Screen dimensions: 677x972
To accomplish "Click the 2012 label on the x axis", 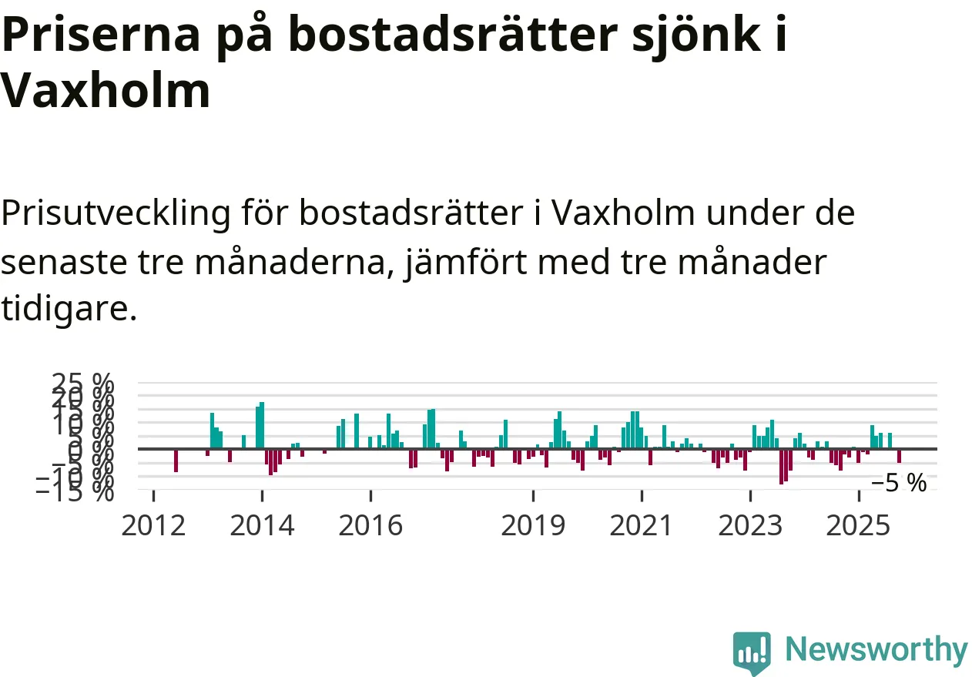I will [x=153, y=526].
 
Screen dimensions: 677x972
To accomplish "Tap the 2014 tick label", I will [x=262, y=526].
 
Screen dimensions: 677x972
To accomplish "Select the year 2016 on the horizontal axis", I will [x=370, y=526].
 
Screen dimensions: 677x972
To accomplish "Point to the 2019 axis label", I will [x=533, y=526].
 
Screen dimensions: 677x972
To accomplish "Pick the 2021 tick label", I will [x=641, y=526].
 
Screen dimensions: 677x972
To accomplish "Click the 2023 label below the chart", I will [x=749, y=526].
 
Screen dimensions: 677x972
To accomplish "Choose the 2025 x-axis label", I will [x=858, y=526].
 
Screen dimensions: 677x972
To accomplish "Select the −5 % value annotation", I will [x=899, y=484].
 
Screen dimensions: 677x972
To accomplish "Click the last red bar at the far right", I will [x=899, y=455].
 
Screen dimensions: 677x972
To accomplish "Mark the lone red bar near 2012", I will [x=176, y=460].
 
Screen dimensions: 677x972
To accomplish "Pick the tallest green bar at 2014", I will [x=262, y=424].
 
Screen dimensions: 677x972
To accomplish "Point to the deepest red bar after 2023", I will [x=781, y=466].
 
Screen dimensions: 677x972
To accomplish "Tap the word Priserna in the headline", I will [x=92, y=35].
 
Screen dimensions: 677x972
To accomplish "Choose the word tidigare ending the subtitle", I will [x=68, y=310].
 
